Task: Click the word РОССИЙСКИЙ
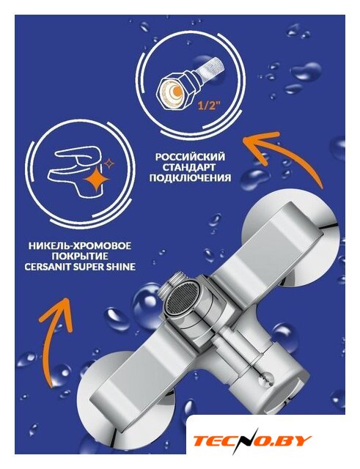(190, 157)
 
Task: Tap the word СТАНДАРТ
(190, 167)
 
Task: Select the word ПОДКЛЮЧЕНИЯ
(190, 177)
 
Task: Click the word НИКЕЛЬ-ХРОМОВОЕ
(80, 246)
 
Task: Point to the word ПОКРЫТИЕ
(80, 256)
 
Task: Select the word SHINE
(122, 267)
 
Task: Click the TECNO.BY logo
(252, 440)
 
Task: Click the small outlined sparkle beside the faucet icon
(109, 163)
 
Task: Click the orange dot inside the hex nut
(177, 90)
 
